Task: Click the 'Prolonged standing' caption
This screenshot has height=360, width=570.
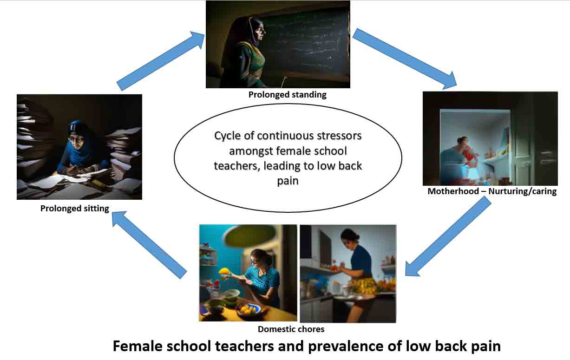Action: (287, 95)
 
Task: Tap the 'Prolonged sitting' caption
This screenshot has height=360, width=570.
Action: (74, 209)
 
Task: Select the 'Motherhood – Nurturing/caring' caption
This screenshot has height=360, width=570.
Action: (492, 191)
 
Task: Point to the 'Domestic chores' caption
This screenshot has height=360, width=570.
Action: (291, 329)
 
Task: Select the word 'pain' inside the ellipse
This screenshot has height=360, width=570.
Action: (288, 181)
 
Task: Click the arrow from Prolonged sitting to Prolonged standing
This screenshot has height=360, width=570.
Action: (161, 61)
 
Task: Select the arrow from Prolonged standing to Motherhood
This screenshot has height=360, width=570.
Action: (405, 59)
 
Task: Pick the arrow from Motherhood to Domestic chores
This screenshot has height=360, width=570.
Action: (448, 236)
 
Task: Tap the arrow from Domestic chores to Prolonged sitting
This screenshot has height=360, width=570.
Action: (149, 245)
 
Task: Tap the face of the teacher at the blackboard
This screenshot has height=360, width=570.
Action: (260, 31)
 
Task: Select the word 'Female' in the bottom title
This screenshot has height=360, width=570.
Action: (137, 346)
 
